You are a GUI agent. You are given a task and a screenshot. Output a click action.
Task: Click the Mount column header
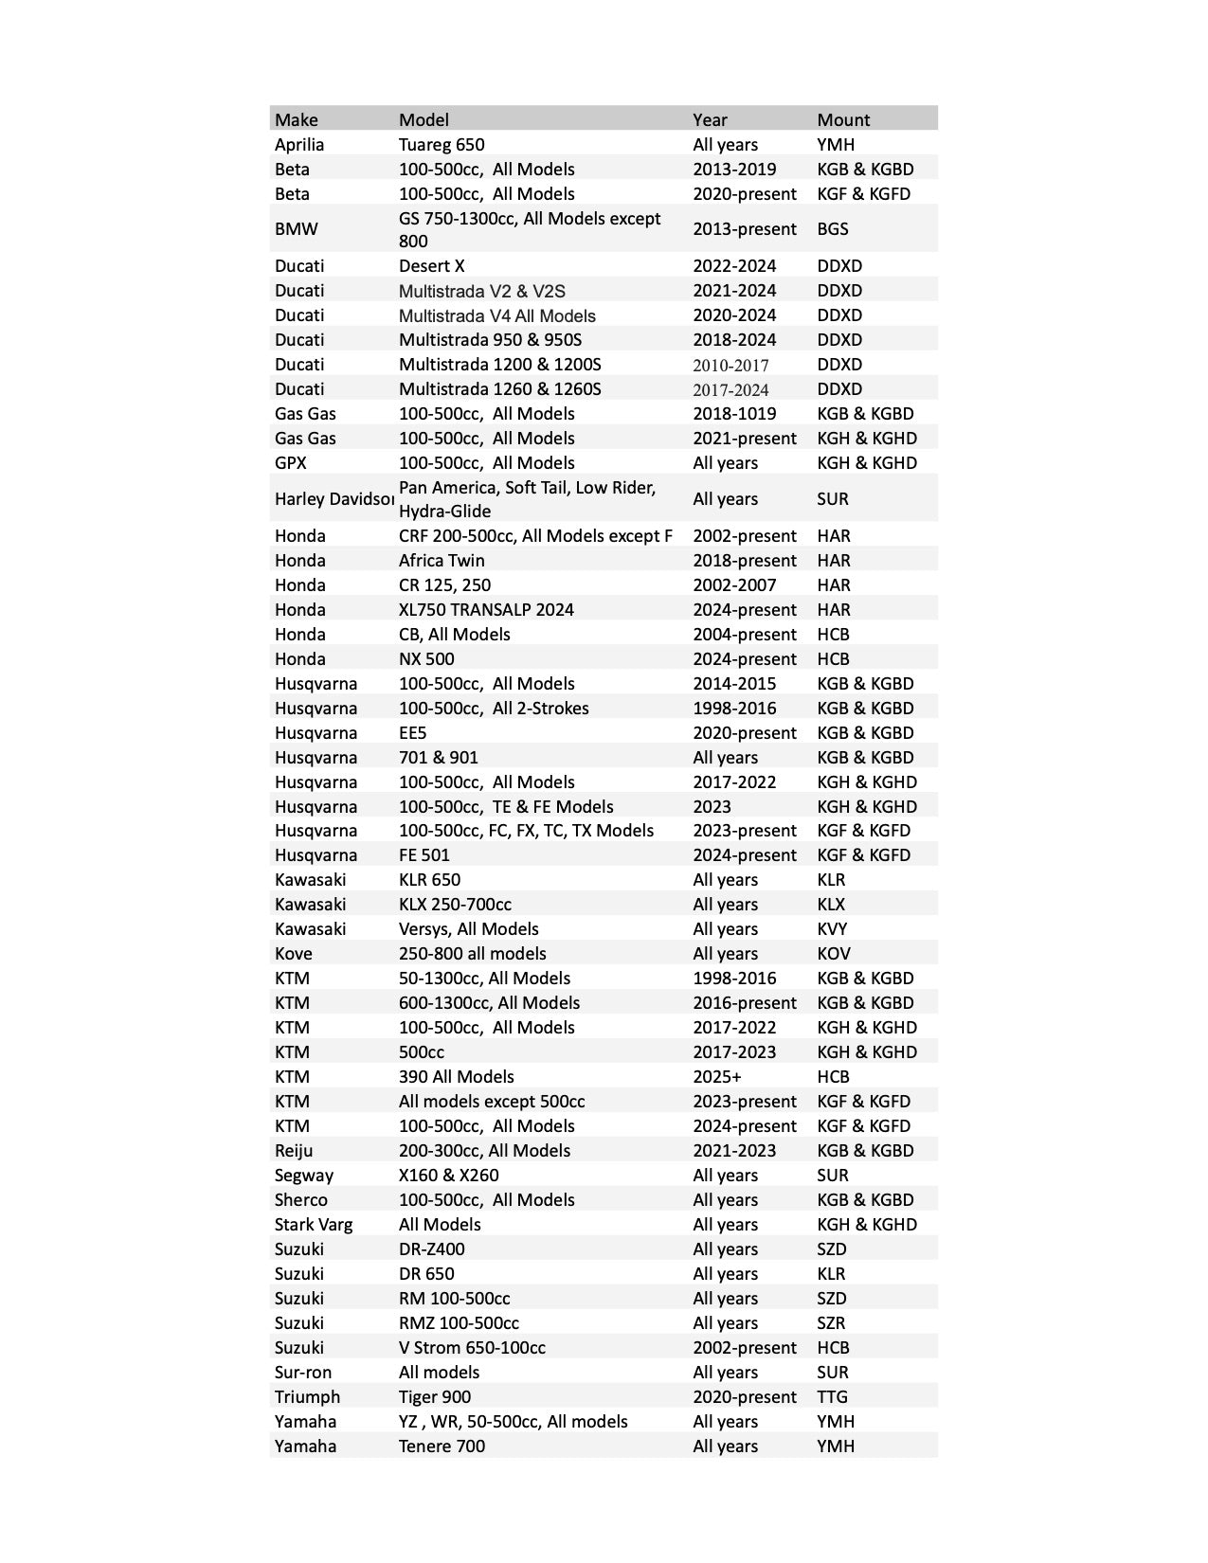(843, 119)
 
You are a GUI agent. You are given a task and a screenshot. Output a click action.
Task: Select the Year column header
(710, 119)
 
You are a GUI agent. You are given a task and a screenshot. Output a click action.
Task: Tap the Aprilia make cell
(299, 144)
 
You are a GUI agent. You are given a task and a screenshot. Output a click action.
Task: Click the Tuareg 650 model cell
(442, 144)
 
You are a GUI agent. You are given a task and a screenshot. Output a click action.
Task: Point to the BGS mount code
(833, 228)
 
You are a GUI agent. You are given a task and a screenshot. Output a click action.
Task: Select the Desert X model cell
(431, 265)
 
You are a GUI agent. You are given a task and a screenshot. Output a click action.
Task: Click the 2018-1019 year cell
(734, 413)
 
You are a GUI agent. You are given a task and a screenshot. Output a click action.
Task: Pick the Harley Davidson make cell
(334, 498)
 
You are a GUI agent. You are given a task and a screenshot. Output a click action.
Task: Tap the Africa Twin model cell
(442, 560)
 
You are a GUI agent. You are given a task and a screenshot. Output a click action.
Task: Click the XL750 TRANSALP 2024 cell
(486, 609)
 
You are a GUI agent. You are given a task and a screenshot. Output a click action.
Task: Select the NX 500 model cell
(426, 658)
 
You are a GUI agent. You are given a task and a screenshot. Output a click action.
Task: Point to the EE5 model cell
(413, 732)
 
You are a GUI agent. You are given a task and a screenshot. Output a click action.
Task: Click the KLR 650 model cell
(429, 879)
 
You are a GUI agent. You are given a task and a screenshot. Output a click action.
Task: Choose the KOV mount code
(834, 953)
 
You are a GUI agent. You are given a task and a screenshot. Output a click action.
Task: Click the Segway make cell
(304, 1175)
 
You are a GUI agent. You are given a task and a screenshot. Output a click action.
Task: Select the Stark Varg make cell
(314, 1224)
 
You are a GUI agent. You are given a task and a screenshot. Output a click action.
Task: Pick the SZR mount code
(832, 1322)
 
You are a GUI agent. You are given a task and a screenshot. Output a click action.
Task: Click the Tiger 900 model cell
(435, 1396)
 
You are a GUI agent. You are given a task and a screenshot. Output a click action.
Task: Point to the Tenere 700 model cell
(442, 1446)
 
